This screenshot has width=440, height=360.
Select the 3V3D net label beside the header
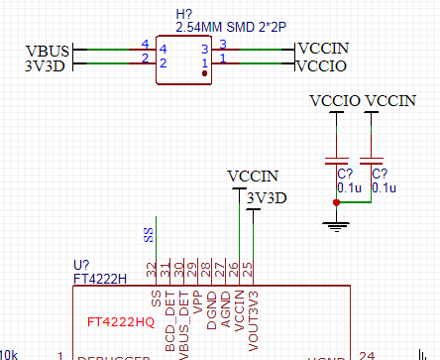(45, 66)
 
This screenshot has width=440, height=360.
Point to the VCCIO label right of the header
(323, 66)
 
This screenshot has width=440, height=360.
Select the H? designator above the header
(184, 14)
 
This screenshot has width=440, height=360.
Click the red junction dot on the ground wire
(337, 203)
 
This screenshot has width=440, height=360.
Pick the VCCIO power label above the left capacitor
(335, 101)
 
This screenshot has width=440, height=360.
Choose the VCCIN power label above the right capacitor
(390, 101)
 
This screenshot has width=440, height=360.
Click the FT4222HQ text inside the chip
(121, 322)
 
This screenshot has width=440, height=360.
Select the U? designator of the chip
(82, 266)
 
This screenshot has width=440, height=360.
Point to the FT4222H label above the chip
(100, 279)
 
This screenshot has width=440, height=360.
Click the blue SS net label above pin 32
(149, 235)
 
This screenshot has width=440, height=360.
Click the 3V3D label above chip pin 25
(268, 197)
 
